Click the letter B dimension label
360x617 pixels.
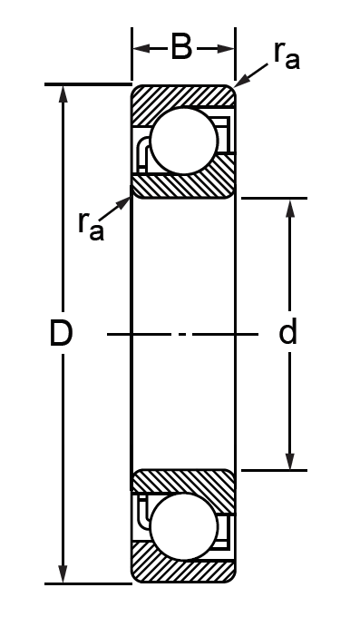click(181, 47)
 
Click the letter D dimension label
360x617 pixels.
click(61, 334)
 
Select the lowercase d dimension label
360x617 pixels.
click(287, 333)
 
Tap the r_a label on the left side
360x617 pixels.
click(91, 226)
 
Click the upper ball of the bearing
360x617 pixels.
click(184, 141)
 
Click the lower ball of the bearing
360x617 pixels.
click(184, 526)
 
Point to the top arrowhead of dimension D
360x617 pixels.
click(63, 93)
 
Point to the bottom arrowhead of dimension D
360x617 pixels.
click(63, 574)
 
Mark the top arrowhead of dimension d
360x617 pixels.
click(290, 208)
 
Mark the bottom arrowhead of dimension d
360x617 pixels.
click(290, 460)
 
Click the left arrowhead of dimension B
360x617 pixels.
click(141, 48)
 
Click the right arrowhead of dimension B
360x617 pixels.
click(226, 48)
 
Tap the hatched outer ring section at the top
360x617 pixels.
click(183, 97)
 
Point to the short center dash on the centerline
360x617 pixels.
click(182, 334)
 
